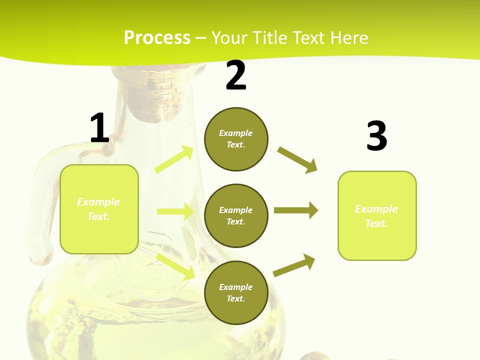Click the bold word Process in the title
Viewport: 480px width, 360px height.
(x=157, y=38)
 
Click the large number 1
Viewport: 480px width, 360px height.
(x=99, y=128)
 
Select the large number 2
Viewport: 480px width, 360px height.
(x=236, y=75)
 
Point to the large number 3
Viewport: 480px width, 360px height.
(x=376, y=136)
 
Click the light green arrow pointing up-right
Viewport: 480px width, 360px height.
(x=174, y=159)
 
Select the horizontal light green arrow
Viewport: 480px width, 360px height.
(x=175, y=211)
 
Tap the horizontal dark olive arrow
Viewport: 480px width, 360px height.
(x=296, y=210)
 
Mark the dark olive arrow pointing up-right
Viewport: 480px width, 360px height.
(x=294, y=265)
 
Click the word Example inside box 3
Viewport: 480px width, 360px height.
(x=376, y=209)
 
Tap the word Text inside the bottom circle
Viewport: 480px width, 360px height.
(x=235, y=298)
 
